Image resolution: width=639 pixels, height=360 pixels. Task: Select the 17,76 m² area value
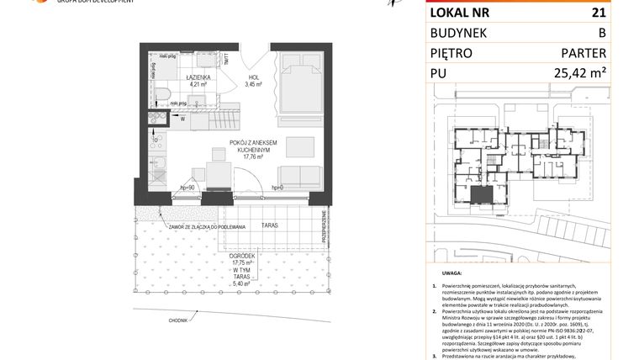(x=254, y=156)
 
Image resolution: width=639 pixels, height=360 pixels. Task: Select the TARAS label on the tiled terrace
(x=268, y=226)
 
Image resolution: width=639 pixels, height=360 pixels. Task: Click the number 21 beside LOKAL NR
(x=598, y=12)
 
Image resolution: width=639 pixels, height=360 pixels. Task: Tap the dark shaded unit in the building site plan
(x=481, y=197)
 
